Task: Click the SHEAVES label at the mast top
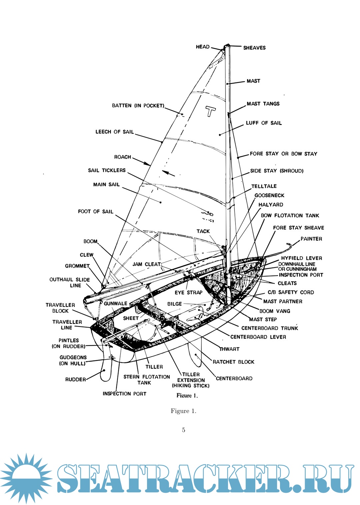pyautogui.click(x=254, y=48)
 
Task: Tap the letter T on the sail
pyautogui.click(x=210, y=111)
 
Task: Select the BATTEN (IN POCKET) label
pyautogui.click(x=138, y=106)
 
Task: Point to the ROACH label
pyautogui.click(x=123, y=157)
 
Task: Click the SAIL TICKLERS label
pyautogui.click(x=107, y=170)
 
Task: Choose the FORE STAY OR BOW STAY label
pyautogui.click(x=283, y=154)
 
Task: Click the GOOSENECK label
pyautogui.click(x=269, y=195)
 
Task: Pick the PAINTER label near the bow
pyautogui.click(x=311, y=239)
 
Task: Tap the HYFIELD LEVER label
pyautogui.click(x=301, y=258)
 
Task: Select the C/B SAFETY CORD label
pyautogui.click(x=291, y=292)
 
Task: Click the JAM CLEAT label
pyautogui.click(x=147, y=264)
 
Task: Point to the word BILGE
pyautogui.click(x=175, y=304)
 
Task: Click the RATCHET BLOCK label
pyautogui.click(x=233, y=362)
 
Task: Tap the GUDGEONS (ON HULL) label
pyautogui.click(x=73, y=360)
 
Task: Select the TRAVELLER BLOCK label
pyautogui.click(x=60, y=308)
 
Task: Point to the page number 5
pyautogui.click(x=183, y=430)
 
